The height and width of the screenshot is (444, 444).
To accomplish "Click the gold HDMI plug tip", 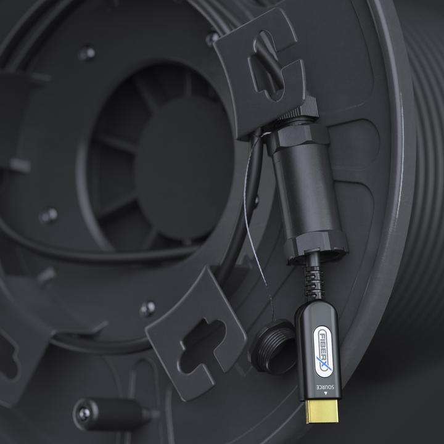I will click(322, 412).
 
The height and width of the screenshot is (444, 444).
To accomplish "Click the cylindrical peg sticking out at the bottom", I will click(111, 413).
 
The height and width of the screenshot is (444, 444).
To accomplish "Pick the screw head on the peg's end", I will click(84, 414).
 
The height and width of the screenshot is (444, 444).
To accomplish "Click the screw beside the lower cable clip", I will click(147, 308).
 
